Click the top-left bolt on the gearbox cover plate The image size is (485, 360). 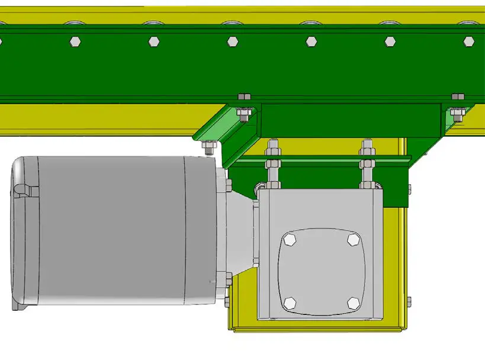290,240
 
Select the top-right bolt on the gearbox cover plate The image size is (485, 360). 354,239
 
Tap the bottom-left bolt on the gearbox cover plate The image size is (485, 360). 290,303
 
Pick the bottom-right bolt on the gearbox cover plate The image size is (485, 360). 354,303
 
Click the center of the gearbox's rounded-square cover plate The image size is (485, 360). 322,271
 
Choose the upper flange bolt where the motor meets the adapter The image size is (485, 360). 228,187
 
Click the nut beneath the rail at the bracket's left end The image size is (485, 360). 243,113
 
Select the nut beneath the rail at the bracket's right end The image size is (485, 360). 456,113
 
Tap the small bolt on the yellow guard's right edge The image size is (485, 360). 409,301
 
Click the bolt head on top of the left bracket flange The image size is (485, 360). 244,96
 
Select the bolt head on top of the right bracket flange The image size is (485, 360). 458,96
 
